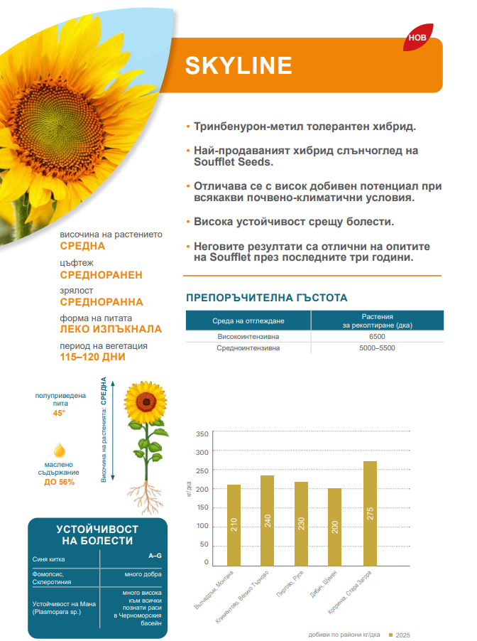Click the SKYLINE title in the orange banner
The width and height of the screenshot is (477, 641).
point(238,65)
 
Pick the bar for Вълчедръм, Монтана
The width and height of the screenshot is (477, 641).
point(234,526)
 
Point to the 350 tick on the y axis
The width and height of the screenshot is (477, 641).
point(202,433)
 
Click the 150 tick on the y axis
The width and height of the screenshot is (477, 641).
point(202,507)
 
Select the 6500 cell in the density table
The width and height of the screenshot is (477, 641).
point(377,336)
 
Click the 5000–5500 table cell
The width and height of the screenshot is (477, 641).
point(377,348)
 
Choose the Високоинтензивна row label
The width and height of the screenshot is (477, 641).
point(248,336)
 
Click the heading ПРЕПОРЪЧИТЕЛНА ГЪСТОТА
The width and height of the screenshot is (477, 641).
point(266,298)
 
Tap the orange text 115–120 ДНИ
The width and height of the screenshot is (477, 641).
point(93,357)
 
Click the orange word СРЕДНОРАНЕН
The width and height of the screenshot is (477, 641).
point(102,274)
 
